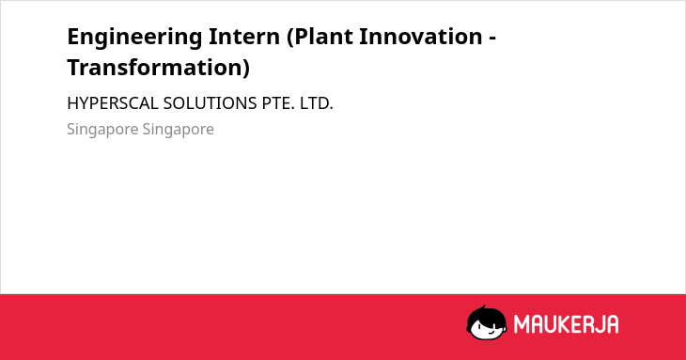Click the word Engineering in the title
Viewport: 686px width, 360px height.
pos(134,38)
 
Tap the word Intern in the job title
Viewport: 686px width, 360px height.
pos(244,37)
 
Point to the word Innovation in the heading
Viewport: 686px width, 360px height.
pos(421,37)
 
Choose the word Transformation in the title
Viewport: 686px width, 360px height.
pos(154,68)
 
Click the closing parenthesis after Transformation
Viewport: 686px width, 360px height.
pos(246,69)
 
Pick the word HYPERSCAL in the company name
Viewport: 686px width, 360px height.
pos(113,103)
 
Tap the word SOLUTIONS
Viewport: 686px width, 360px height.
pos(210,103)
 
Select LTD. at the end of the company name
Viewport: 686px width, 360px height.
pos(317,103)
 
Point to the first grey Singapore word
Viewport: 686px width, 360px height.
pos(102,130)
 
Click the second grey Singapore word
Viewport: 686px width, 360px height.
pos(178,130)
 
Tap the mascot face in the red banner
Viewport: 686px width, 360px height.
pos(487,322)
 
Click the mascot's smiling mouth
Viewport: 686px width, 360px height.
pos(491,333)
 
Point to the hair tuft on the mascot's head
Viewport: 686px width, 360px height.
pos(483,307)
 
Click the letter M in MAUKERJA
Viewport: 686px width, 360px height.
pos(521,324)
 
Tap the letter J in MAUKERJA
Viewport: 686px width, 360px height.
pos(600,324)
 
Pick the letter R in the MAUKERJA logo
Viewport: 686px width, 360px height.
pos(588,324)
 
